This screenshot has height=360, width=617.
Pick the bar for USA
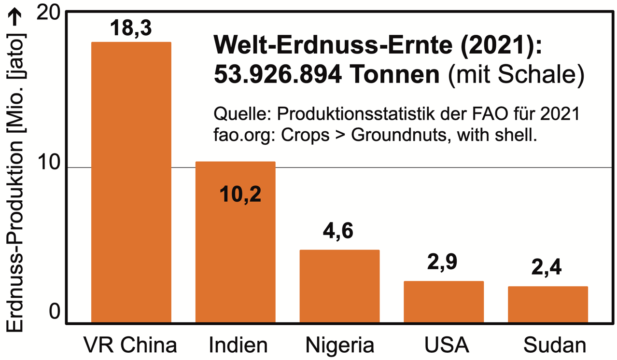444,302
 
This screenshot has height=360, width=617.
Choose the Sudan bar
547,304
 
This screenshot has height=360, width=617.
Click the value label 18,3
131,28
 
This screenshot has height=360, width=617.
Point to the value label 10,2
240,194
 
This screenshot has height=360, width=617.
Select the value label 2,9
442,263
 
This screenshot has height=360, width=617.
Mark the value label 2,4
547,267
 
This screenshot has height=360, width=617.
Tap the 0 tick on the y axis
54,314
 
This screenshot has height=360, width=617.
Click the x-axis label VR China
130,346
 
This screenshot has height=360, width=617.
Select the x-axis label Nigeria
340,346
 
